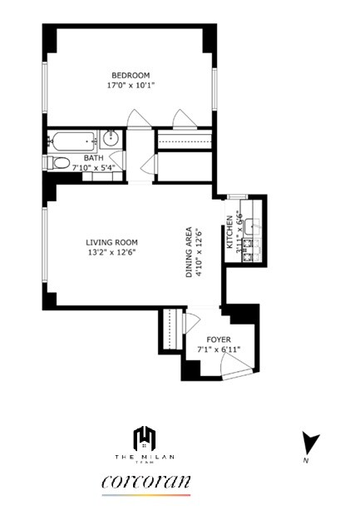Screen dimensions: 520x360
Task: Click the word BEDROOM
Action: pyautogui.click(x=131, y=75)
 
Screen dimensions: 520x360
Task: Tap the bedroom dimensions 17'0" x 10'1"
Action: pyautogui.click(x=131, y=85)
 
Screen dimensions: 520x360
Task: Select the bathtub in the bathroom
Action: pyautogui.click(x=73, y=140)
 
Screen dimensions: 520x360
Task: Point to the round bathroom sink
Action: pyautogui.click(x=111, y=139)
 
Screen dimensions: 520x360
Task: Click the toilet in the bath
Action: pyautogui.click(x=57, y=162)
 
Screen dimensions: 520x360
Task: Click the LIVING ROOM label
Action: pyautogui.click(x=111, y=243)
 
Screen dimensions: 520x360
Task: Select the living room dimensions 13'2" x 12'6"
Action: pyautogui.click(x=111, y=253)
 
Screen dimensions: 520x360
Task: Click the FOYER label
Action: pyautogui.click(x=219, y=339)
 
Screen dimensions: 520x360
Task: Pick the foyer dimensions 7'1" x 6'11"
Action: pyautogui.click(x=219, y=349)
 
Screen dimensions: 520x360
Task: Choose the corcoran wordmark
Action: pyautogui.click(x=146, y=482)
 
